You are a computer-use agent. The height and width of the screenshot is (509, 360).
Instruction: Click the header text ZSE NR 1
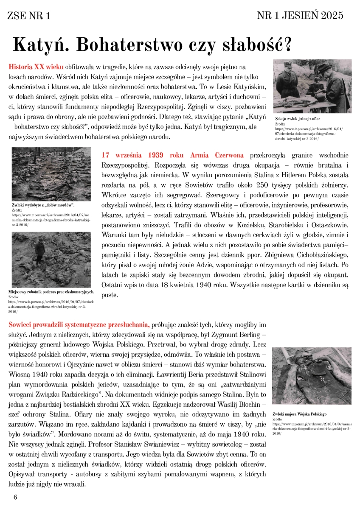tap(29, 16)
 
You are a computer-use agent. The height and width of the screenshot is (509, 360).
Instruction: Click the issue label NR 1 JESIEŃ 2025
tap(300, 16)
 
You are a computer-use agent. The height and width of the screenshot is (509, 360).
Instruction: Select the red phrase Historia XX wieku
tap(36, 67)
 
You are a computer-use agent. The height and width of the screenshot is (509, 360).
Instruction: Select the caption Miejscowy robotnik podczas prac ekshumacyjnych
tap(51, 292)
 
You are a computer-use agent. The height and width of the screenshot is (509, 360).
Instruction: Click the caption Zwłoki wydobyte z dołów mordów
tap(41, 205)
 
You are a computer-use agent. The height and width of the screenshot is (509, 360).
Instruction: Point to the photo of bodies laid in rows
tap(51, 174)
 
